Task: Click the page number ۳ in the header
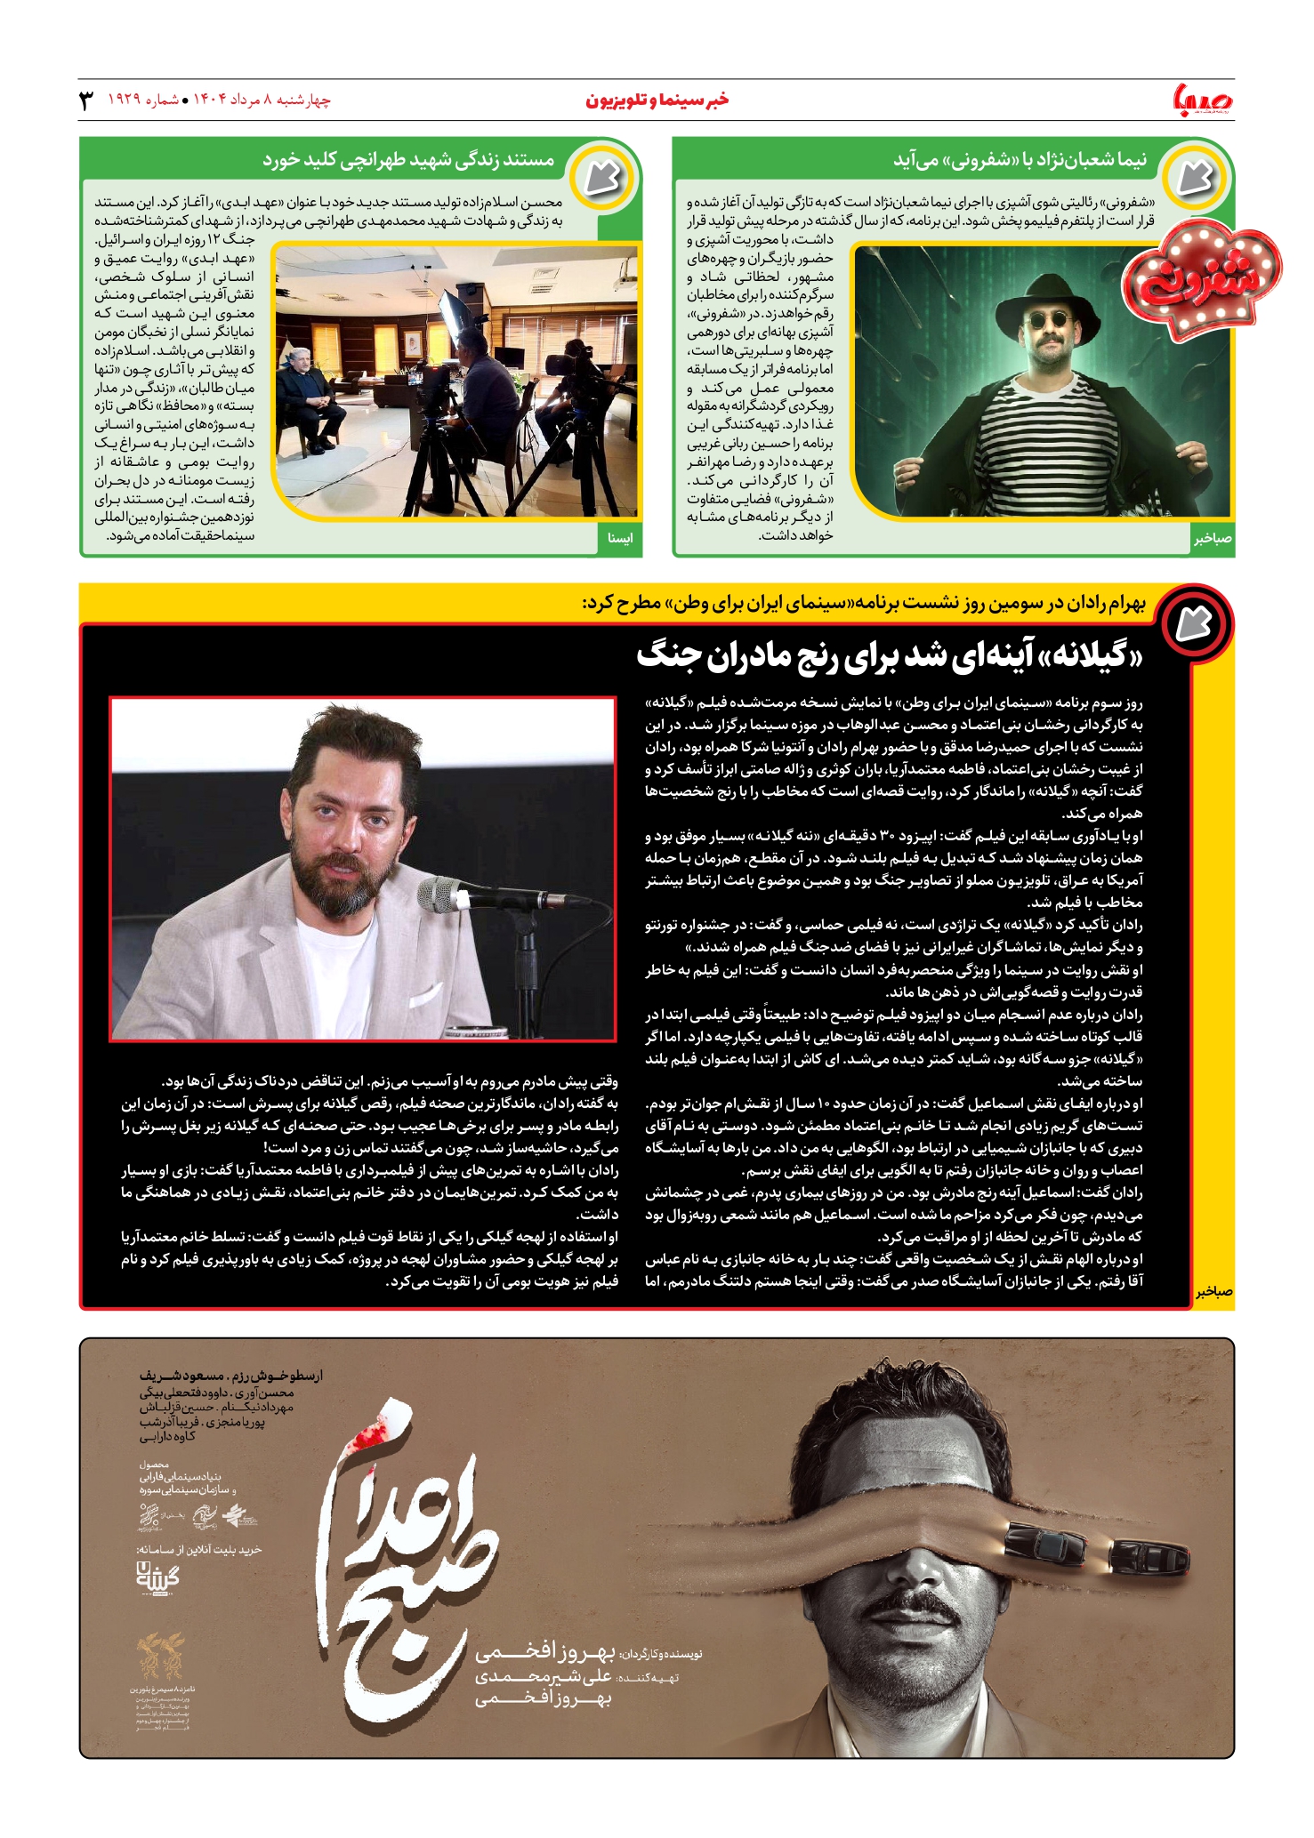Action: [x=86, y=100]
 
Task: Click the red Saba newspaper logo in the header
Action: [x=1204, y=100]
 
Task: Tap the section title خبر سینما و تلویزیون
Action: [x=657, y=100]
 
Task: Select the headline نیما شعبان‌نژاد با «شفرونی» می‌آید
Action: [x=1020, y=160]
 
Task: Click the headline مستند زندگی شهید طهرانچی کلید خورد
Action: [x=408, y=160]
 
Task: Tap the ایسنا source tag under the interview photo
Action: [x=619, y=538]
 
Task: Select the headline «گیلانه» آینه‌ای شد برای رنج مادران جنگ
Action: [x=889, y=656]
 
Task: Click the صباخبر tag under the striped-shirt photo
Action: [x=1213, y=539]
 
